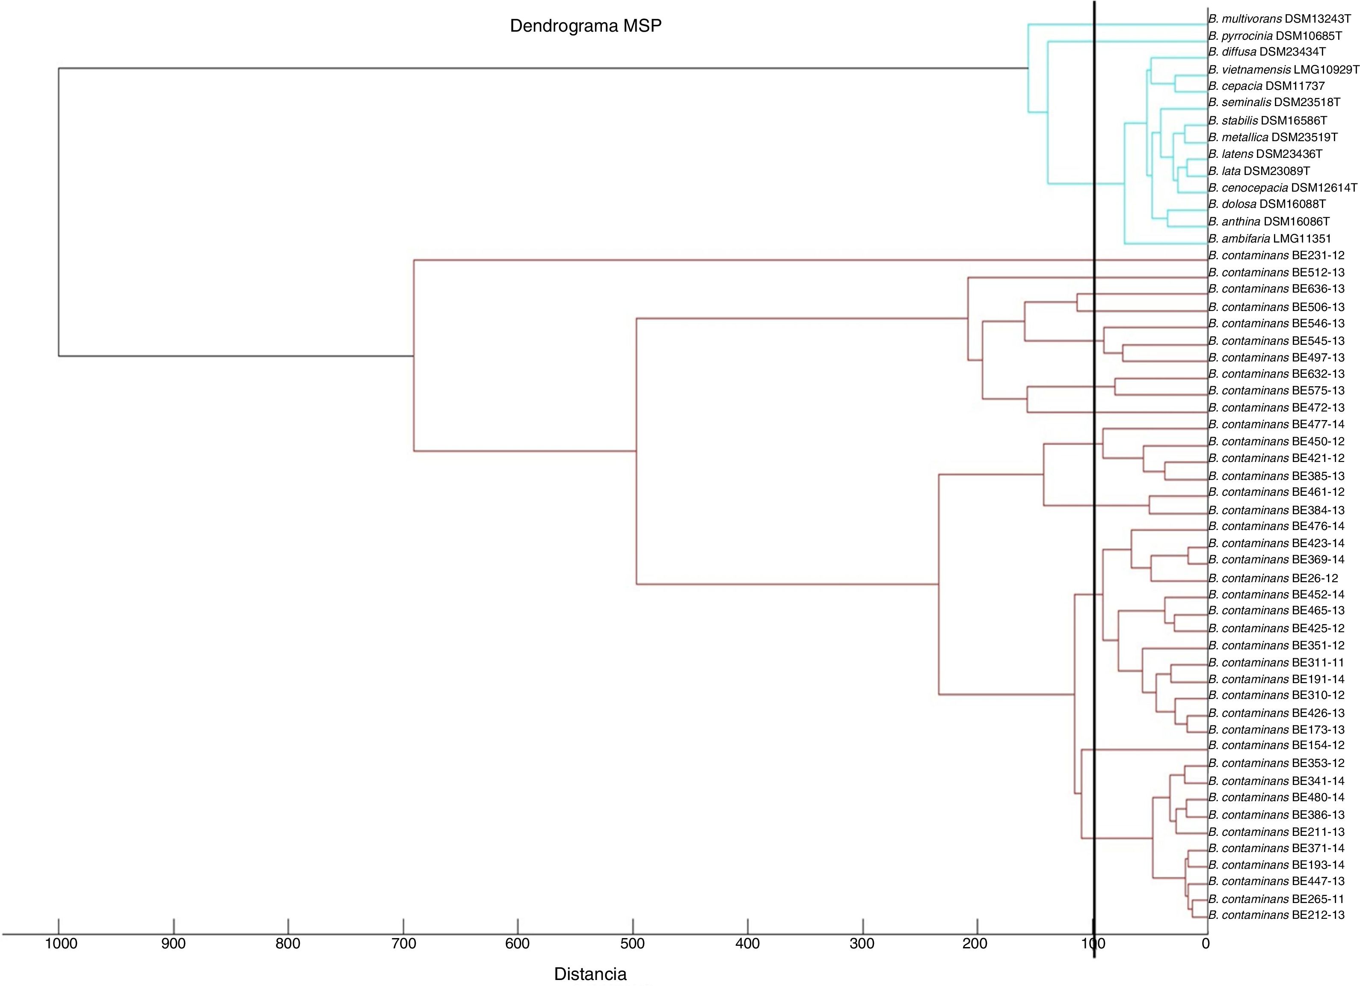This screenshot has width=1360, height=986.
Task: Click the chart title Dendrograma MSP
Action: [x=585, y=26]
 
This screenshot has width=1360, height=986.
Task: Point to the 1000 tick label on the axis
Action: [x=61, y=943]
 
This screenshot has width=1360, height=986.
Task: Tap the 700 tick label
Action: [x=403, y=943]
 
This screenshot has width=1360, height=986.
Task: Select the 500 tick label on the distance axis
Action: [x=633, y=943]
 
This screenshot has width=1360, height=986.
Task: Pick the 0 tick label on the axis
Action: [x=1206, y=943]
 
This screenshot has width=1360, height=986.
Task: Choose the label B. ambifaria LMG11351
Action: [x=1267, y=239]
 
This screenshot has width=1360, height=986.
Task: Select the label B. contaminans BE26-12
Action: [x=1272, y=578]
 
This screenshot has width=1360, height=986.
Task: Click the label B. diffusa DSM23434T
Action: [x=1266, y=52]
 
